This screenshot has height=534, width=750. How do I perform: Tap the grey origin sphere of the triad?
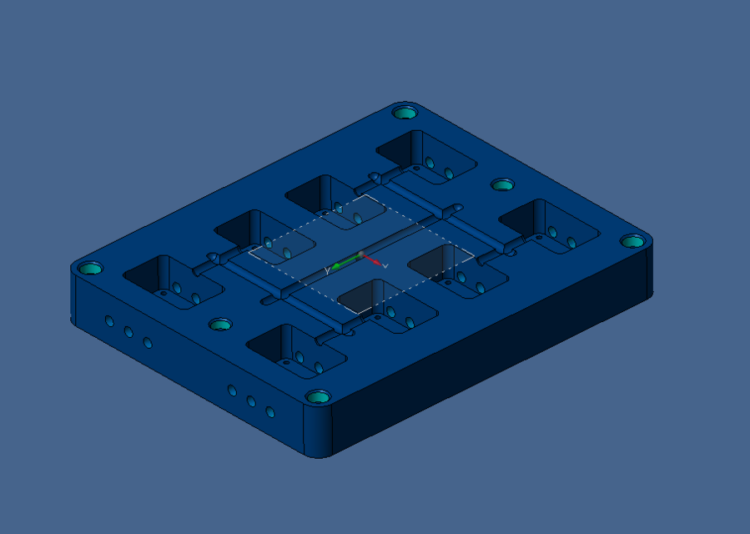[361, 254]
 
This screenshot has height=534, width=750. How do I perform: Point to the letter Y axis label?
[328, 270]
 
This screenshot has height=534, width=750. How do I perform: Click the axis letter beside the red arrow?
[385, 265]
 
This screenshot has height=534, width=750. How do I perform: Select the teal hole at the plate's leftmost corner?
[90, 269]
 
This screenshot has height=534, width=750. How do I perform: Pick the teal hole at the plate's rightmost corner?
[632, 242]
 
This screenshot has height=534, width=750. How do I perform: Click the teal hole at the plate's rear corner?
[405, 113]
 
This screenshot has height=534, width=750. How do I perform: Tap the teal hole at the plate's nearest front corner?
[317, 396]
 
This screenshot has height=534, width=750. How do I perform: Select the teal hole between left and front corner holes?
[220, 324]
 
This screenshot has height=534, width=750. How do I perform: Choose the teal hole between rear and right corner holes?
[502, 184]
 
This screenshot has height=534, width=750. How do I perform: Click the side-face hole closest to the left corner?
[109, 320]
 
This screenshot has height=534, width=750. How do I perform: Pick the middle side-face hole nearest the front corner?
[251, 401]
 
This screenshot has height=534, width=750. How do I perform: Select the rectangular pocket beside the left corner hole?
[172, 280]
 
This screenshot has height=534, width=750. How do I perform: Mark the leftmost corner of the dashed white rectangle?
[249, 248]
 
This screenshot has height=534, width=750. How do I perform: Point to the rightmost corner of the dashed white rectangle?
[474, 254]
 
